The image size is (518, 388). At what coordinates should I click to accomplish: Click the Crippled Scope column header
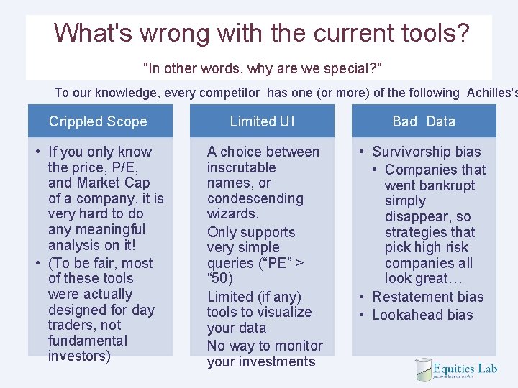98,121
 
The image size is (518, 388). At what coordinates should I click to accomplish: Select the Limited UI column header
262,121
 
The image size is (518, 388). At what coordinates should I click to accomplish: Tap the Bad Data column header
424,121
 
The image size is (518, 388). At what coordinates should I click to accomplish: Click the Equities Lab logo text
465,369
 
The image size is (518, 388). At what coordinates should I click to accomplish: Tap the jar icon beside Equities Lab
423,369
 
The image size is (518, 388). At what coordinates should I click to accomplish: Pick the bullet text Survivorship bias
426,152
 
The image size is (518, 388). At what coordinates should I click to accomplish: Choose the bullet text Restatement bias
427,297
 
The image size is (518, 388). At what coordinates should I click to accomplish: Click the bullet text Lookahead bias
422,315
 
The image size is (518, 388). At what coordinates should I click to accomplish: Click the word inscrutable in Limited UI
242,167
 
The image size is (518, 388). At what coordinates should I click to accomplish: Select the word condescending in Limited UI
255,198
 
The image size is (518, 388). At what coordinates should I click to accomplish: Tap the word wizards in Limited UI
231,214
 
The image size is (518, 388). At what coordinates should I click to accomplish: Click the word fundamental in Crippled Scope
88,341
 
